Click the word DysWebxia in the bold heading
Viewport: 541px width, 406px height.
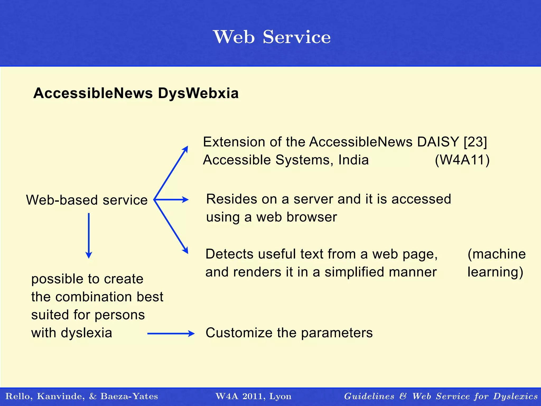click(198, 93)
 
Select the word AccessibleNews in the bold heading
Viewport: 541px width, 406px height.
click(93, 93)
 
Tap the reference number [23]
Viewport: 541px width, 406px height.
click(475, 142)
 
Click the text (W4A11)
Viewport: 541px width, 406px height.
click(462, 160)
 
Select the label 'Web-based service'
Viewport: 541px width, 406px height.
click(87, 200)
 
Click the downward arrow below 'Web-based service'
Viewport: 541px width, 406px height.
click(89, 235)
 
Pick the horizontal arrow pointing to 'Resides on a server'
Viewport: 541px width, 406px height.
click(172, 200)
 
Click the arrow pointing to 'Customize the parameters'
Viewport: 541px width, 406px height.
click(171, 334)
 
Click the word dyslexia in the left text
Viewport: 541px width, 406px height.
click(86, 333)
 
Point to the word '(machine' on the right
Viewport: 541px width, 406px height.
click(496, 254)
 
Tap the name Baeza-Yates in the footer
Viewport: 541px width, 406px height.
click(129, 396)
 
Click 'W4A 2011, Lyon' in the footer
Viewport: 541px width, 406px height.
click(253, 396)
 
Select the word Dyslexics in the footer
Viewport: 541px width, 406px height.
click(515, 396)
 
